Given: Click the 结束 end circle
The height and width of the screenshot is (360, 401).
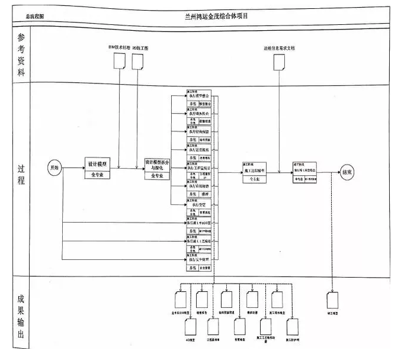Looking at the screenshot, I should click(348, 172).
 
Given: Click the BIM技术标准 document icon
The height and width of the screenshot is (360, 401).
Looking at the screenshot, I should click(119, 60).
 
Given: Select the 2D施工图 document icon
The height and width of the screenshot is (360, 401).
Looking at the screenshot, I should click(138, 60).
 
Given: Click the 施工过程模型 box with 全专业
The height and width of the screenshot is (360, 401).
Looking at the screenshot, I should click(255, 172).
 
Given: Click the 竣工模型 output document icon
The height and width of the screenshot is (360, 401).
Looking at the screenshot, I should click(332, 298).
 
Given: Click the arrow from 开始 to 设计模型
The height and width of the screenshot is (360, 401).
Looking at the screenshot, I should click(73, 168).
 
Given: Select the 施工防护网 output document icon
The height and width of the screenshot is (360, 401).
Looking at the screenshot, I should click(291, 327).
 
